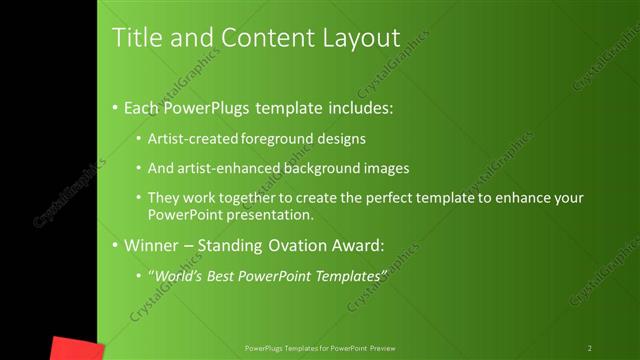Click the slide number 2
coord(589,348)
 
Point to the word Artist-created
coord(195,139)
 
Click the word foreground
coord(281,139)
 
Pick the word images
coord(385,169)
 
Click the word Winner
coord(151,245)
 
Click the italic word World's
coord(179,275)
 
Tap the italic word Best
coord(223,275)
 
